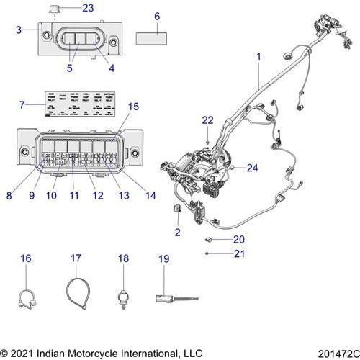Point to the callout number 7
point(22,105)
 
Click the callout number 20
point(239,240)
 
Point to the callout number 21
point(239,253)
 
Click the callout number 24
point(251,168)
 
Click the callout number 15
point(133,107)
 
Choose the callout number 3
point(19,30)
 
